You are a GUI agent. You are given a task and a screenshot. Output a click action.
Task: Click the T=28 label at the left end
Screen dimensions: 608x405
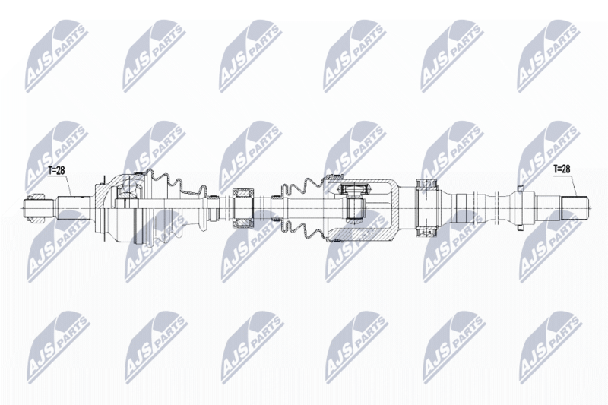pyautogui.click(x=55, y=170)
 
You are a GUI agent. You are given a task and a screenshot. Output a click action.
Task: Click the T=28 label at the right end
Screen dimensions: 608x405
pyautogui.click(x=562, y=169)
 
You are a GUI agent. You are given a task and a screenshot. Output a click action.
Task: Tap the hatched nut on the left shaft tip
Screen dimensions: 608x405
pyautogui.click(x=37, y=207)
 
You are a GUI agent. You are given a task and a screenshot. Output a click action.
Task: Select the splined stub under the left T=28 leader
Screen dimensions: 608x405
pyautogui.click(x=74, y=208)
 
